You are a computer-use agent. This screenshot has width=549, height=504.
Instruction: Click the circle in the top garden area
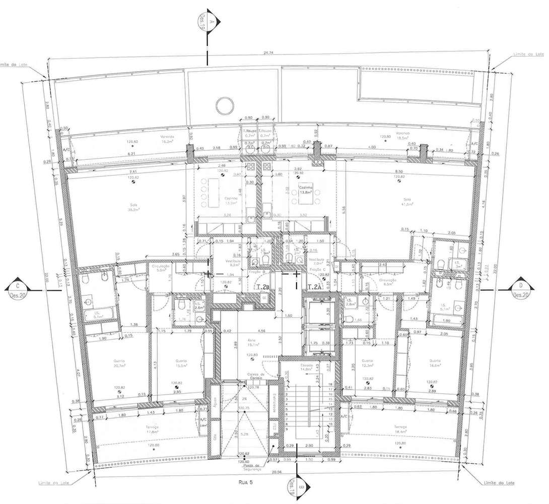pos(224,106)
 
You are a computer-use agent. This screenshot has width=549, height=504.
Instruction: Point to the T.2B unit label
pos(263,287)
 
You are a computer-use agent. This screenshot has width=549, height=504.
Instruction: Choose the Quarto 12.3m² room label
pos(367,363)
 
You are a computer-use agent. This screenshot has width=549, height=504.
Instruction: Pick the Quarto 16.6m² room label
pos(435,363)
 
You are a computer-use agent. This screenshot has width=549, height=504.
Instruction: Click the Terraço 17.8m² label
pos(153,429)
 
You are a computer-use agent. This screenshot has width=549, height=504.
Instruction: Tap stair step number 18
pos(330,385)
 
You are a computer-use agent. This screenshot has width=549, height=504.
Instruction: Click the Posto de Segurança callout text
pos(252,467)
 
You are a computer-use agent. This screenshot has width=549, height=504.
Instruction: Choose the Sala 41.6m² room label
pos(407,202)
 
